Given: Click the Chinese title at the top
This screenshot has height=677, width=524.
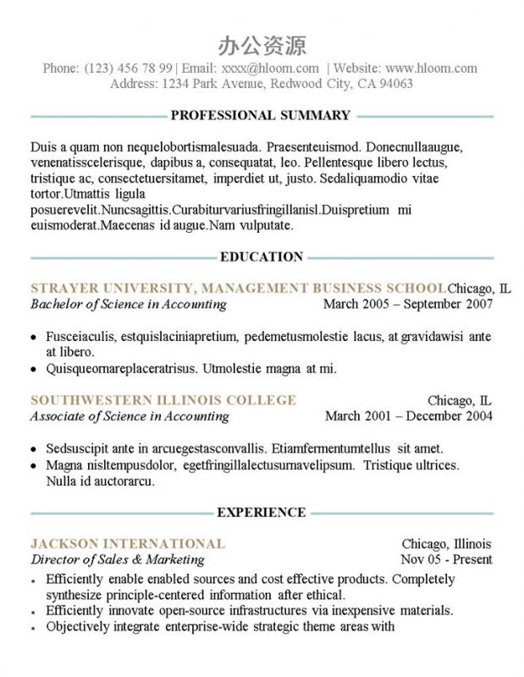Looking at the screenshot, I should [x=262, y=45].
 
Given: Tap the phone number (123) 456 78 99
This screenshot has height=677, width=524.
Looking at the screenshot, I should [x=129, y=68].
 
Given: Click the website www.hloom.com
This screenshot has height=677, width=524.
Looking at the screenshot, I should [x=431, y=68].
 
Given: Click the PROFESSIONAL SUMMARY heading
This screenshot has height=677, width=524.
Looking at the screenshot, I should [x=260, y=115].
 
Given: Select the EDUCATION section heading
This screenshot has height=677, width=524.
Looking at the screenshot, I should [x=261, y=256].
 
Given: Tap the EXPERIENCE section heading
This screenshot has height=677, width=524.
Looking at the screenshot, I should [x=261, y=512].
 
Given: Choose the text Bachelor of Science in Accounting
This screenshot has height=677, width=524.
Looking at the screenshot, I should [x=128, y=304].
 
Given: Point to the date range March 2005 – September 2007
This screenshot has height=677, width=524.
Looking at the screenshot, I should [x=408, y=304].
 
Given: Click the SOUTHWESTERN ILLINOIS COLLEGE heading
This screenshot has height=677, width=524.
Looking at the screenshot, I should [x=163, y=399].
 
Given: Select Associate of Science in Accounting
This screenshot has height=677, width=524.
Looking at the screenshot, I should [x=130, y=416].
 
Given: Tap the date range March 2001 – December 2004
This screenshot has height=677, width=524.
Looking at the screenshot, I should [x=409, y=416].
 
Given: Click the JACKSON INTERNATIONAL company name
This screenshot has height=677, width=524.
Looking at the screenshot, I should [x=128, y=543].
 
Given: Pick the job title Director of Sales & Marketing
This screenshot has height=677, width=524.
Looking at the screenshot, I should [x=117, y=559].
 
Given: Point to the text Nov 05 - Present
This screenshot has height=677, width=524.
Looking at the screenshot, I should [x=446, y=559].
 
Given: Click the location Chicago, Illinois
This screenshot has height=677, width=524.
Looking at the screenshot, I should [x=446, y=543].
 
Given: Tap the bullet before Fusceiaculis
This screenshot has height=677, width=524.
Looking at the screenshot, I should [x=33, y=337].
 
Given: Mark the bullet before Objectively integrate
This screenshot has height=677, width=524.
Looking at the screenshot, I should [x=33, y=628].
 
